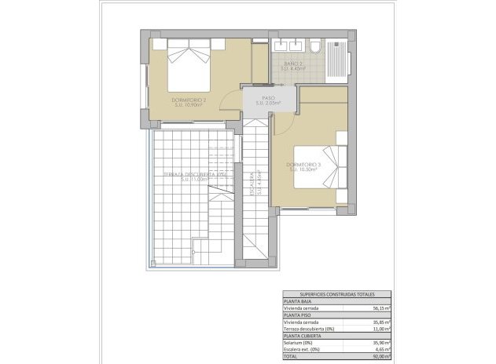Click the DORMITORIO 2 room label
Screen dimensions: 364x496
pos(189,100)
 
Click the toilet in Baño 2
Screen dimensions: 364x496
pos(315,47)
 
